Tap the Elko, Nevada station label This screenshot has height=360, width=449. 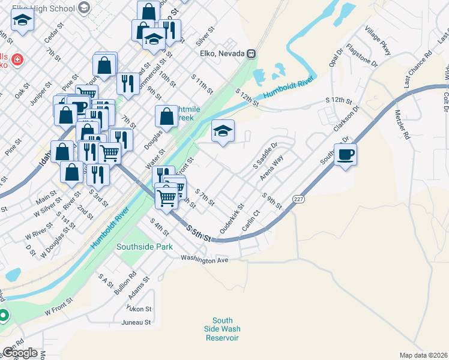pos(220,53)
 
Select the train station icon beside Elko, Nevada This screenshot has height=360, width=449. pos(252,53)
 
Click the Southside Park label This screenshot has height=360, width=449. pos(145,247)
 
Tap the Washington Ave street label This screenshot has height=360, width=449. pos(205,260)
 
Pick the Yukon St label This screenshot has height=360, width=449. pos(139,308)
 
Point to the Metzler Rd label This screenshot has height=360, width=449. pos(402,124)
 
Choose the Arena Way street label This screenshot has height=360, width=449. pos(271,169)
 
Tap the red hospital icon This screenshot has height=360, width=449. pos(17,60)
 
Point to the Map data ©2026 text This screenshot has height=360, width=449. pos(423,355)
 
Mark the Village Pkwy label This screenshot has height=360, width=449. pos(378,41)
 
